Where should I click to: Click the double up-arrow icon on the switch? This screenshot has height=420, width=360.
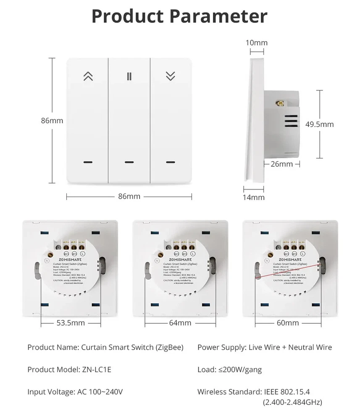(88, 76)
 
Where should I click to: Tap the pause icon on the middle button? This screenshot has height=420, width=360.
(129, 76)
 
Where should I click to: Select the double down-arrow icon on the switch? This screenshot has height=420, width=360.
(170, 76)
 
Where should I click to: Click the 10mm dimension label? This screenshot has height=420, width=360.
(256, 42)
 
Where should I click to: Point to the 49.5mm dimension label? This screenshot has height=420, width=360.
(319, 124)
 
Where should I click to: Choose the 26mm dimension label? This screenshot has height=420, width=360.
(281, 164)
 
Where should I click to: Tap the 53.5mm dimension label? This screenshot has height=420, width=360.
(71, 323)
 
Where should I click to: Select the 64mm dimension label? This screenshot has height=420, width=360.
(180, 323)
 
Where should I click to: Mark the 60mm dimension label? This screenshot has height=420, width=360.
(288, 323)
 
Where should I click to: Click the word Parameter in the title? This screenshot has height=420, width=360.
(218, 17)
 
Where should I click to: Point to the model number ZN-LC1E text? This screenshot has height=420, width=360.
(95, 370)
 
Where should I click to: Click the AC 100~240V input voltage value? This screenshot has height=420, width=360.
(100, 392)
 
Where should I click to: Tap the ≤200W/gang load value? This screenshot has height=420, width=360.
(240, 370)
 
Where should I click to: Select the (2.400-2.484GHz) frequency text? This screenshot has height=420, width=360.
(292, 402)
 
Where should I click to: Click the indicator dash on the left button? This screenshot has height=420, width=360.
(88, 162)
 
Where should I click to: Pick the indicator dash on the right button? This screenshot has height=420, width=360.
(170, 162)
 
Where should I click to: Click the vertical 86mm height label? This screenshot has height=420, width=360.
(52, 121)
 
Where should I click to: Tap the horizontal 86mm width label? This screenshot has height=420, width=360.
(129, 196)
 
